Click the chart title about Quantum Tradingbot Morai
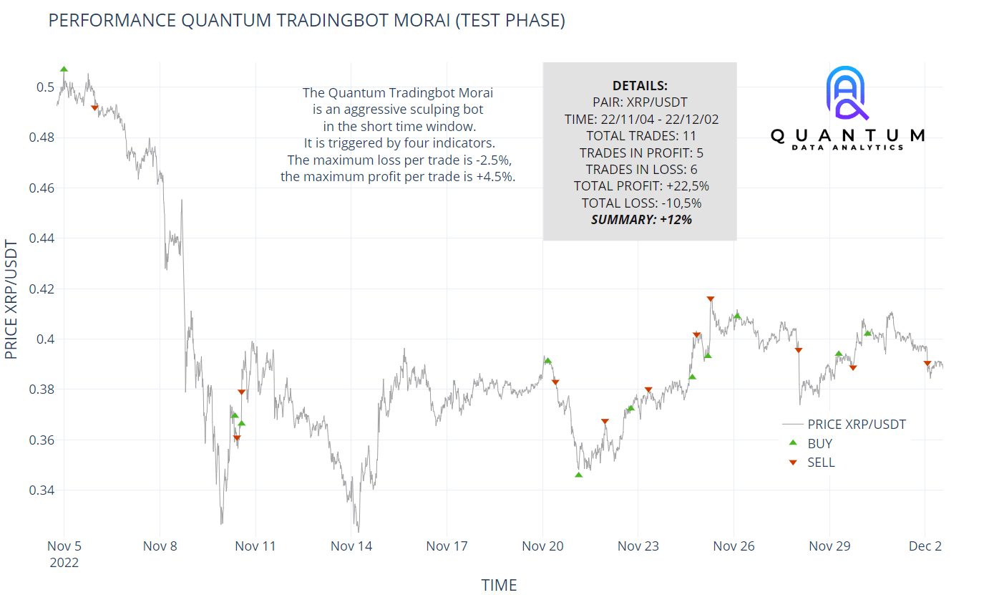coord(306,21)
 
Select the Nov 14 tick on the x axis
coord(351,546)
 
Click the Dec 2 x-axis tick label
coord(925,546)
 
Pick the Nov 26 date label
coord(734,546)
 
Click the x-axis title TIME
coord(499,585)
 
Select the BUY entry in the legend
coord(819,444)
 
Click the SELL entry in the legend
coord(821,463)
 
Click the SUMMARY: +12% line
coord(640,220)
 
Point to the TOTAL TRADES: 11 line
coord(640,135)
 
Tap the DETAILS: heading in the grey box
coord(640,85)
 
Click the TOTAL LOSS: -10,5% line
coord(640,203)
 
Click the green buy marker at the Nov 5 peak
coord(64,69)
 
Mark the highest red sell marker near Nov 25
coord(710,299)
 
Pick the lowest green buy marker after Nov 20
coord(578,475)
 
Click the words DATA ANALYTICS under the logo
coord(847,147)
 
